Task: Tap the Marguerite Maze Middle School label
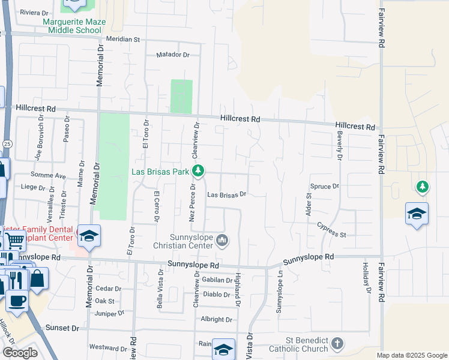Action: [x=74, y=26]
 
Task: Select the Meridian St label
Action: [x=122, y=39]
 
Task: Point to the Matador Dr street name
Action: [x=172, y=55]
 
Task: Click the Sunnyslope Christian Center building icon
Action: [x=222, y=241]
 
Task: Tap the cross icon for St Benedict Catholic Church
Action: [x=337, y=344]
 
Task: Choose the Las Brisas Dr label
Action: [x=227, y=194]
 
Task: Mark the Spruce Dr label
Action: [x=325, y=187]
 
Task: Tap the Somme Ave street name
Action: [x=52, y=176]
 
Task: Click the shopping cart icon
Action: [x=16, y=242]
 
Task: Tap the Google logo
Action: [x=20, y=353]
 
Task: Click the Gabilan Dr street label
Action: [x=217, y=280]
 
